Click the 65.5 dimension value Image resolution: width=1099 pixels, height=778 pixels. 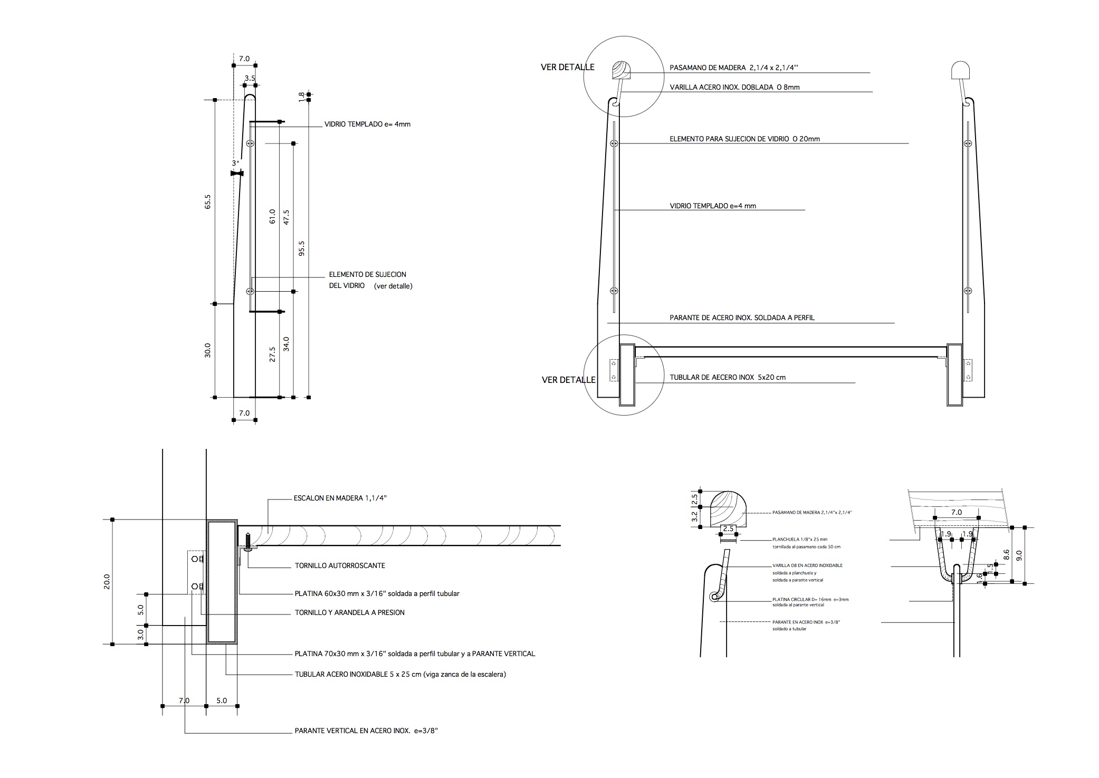pyautogui.click(x=208, y=202)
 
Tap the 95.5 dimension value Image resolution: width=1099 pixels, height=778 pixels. pyautogui.click(x=301, y=248)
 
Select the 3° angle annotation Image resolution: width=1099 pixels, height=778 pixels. pyautogui.click(x=235, y=164)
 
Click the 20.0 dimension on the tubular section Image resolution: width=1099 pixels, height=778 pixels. pyautogui.click(x=107, y=581)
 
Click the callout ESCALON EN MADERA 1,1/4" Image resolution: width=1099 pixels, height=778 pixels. pyautogui.click(x=343, y=498)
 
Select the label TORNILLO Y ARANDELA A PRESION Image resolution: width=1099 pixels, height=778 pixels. pyautogui.click(x=349, y=612)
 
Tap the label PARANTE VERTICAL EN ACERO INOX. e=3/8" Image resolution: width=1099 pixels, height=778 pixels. pyautogui.click(x=366, y=731)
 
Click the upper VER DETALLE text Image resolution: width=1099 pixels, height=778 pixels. pyautogui.click(x=567, y=68)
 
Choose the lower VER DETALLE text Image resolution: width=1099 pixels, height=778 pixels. pyautogui.click(x=568, y=380)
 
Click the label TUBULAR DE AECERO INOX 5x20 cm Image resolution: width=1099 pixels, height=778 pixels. pyautogui.click(x=728, y=378)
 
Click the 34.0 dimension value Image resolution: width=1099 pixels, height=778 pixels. pyautogui.click(x=286, y=344)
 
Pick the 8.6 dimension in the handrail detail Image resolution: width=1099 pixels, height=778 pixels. pyautogui.click(x=1006, y=555)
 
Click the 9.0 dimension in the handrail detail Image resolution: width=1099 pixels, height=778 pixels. pyautogui.click(x=1019, y=555)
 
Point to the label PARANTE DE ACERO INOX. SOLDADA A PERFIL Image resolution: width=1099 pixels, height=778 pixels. pyautogui.click(x=742, y=318)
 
